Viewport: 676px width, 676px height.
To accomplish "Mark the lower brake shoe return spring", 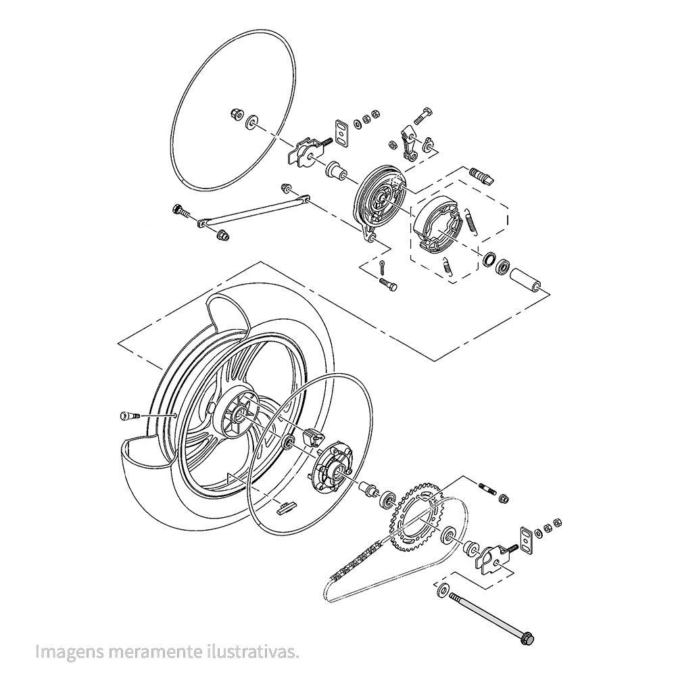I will pos(447,266).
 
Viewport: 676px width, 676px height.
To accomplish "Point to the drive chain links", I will pos(352,564).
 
